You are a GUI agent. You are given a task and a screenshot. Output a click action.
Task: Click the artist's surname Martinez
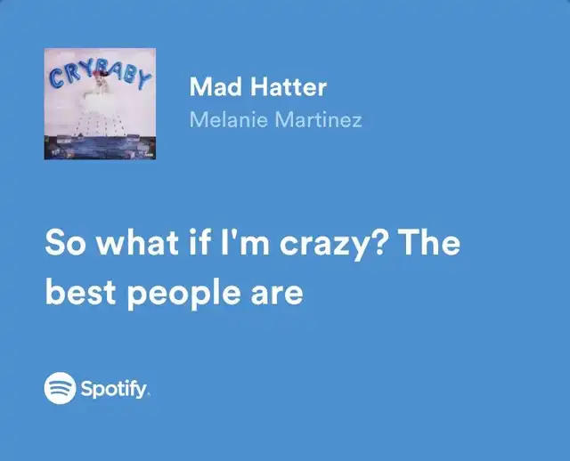point(319,119)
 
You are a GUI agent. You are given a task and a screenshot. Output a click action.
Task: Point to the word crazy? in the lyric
point(332,244)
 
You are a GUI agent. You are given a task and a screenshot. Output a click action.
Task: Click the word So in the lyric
point(66,243)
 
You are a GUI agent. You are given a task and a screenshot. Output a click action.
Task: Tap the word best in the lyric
point(81,292)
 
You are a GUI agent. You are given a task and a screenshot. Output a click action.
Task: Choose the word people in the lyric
point(183,295)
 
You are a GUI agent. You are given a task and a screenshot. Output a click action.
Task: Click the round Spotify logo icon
point(60,388)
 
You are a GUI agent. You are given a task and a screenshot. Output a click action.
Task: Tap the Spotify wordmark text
point(114,390)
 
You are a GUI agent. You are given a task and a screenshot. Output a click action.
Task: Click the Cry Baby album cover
point(100,103)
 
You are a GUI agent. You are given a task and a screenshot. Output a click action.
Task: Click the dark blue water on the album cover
point(100,147)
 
